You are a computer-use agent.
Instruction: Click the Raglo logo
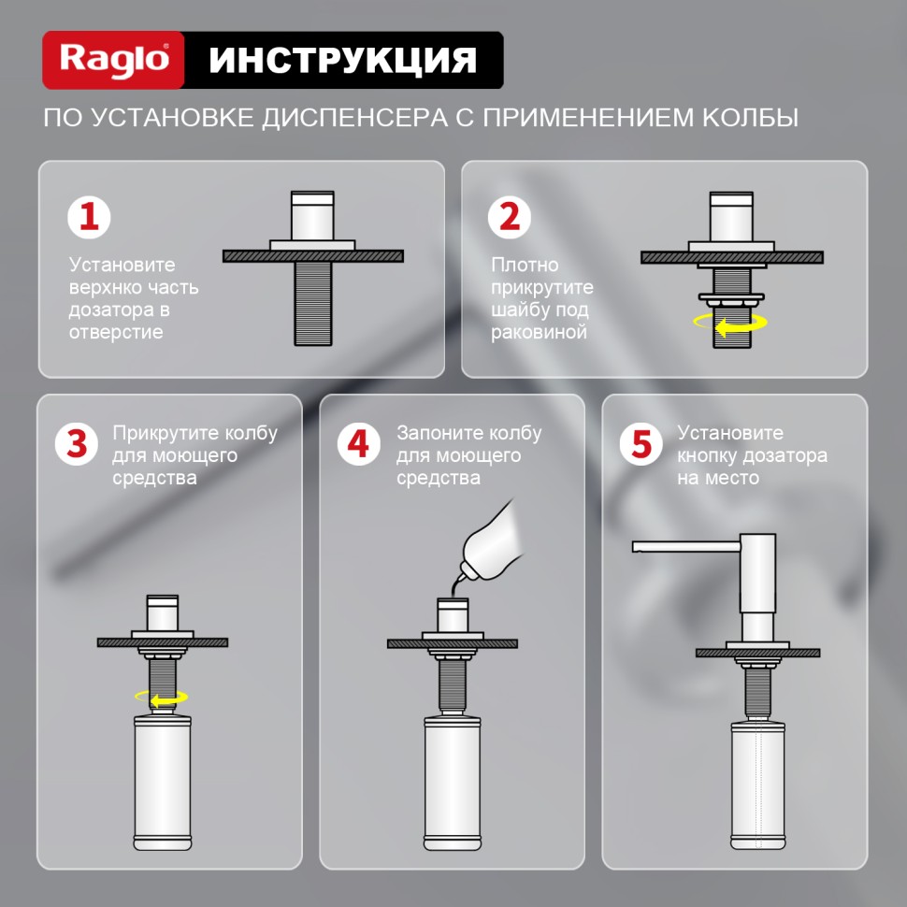pos(114,60)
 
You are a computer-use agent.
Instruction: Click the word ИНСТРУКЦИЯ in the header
pos(342,60)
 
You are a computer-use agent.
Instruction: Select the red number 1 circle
pos(89,217)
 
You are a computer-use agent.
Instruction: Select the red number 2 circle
pos(510,217)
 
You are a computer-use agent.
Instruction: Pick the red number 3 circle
pos(78,444)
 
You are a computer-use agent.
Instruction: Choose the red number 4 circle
pos(359,444)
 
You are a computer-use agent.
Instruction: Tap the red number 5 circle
pos(641,444)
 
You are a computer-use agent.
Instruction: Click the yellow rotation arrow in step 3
pos(162,697)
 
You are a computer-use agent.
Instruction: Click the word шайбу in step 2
pos(517,310)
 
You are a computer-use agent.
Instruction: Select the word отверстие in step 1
pos(115,332)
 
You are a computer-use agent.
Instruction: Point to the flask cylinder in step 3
pos(163,785)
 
